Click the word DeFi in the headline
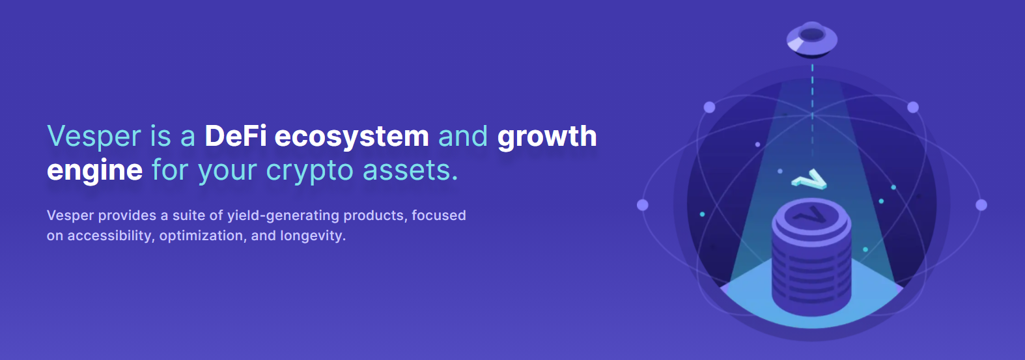[x=236, y=136]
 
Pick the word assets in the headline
[x=410, y=170]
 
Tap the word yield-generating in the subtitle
[x=283, y=216]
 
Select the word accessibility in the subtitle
[x=109, y=236]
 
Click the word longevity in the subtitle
[x=313, y=236]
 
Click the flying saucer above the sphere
[x=812, y=39]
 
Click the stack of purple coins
[x=811, y=257]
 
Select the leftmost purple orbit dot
[x=643, y=205]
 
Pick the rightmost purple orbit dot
[x=981, y=205]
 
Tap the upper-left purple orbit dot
[x=709, y=107]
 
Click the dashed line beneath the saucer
[x=812, y=110]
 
